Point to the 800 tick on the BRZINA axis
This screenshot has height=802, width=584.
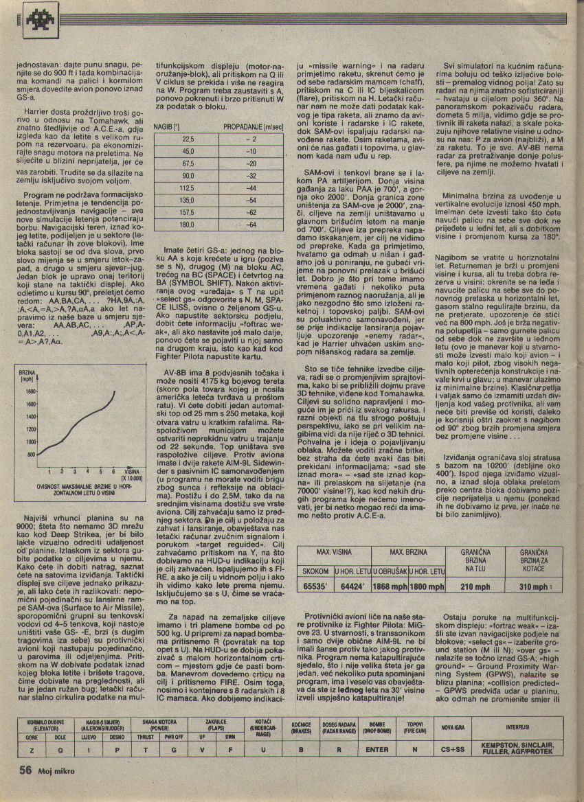[x=31, y=454]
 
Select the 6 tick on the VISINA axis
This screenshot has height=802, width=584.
[x=113, y=470]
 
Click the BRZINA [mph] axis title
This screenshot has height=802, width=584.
[x=27, y=375]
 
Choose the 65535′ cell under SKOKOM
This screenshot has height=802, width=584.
[x=315, y=586]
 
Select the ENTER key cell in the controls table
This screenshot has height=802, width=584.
[x=377, y=749]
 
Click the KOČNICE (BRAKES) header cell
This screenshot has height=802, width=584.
[x=301, y=728]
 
